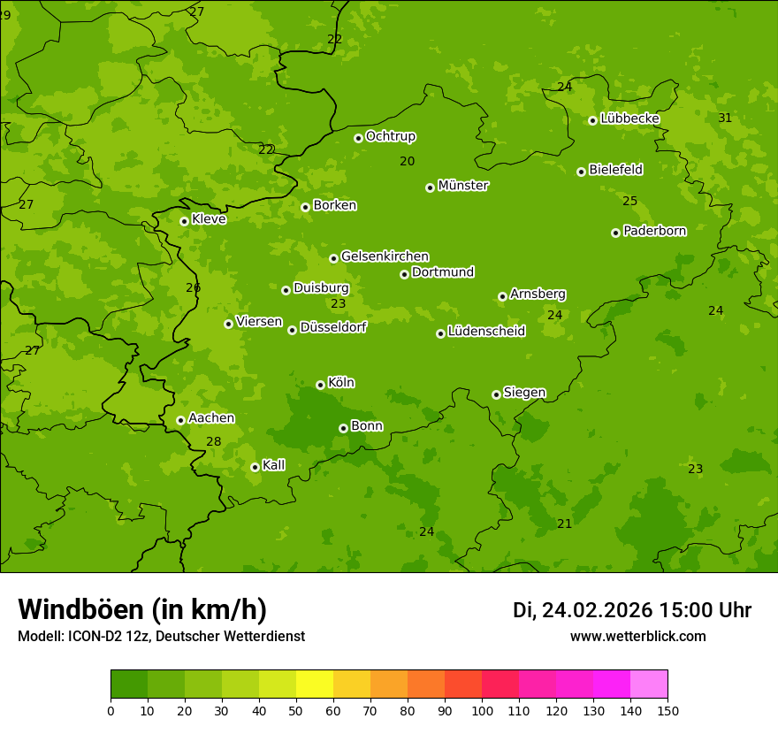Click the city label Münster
(462, 186)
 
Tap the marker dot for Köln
(320, 385)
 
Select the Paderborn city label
(654, 231)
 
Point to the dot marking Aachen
(180, 420)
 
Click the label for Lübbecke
(629, 119)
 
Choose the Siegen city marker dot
(496, 394)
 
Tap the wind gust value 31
(725, 118)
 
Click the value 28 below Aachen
(214, 441)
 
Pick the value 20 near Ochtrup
(407, 161)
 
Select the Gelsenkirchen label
(385, 256)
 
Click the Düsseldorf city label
(332, 327)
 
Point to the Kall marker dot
(255, 467)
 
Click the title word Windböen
(80, 609)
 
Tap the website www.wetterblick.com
(637, 636)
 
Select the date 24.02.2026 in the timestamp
(597, 610)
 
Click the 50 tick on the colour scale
(296, 710)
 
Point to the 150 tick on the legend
(667, 710)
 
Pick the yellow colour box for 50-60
(315, 684)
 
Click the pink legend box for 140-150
(649, 684)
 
